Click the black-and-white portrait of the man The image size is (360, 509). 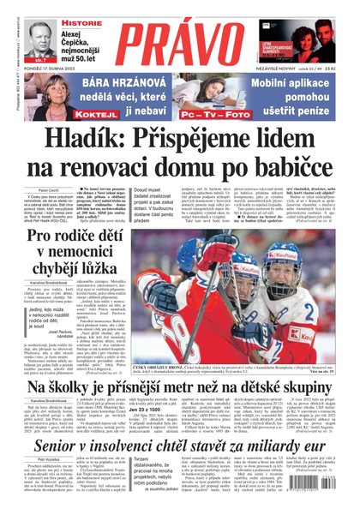[40, 37]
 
